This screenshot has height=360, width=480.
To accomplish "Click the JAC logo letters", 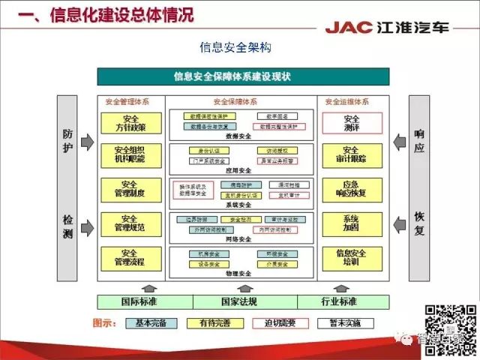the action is [x=349, y=28].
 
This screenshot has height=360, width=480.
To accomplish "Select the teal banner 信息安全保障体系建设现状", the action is [x=243, y=76].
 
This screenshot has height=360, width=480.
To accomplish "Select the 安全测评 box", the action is [x=352, y=123].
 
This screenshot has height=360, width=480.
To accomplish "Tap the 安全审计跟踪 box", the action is [x=352, y=155].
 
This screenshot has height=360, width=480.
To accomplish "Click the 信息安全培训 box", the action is [x=352, y=258].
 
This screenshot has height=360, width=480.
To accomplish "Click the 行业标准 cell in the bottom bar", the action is [x=343, y=302].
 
